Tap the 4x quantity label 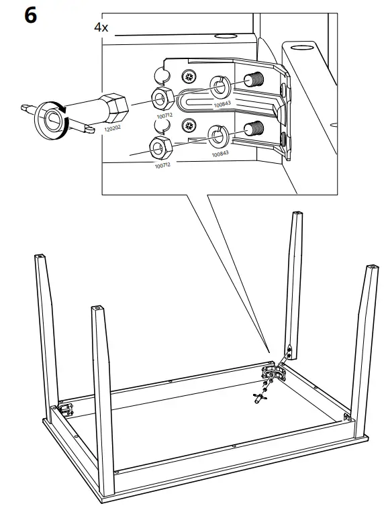(102, 28)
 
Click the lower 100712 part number (162, 164)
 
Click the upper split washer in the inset (220, 87)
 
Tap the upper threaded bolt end (254, 81)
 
